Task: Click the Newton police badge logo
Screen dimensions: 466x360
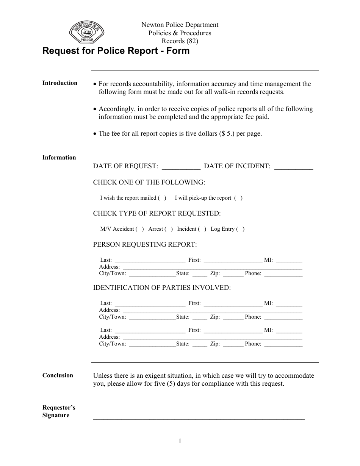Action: pos(86,33)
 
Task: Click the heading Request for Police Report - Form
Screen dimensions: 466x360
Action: pos(116,51)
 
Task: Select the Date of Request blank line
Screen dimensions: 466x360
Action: pos(181,167)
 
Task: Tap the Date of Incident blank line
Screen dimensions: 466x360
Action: pos(293,167)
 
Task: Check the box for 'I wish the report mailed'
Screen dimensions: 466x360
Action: pos(162,198)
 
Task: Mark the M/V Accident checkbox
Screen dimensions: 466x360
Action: pos(140,229)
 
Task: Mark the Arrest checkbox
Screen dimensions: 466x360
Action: pos(169,229)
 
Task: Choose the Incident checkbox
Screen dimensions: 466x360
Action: pos(202,229)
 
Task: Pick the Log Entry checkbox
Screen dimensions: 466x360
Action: pos(240,229)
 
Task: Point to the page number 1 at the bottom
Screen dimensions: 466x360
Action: pos(180,441)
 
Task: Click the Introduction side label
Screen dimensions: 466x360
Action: pos(60,83)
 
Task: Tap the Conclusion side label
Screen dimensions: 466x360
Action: pos(58,375)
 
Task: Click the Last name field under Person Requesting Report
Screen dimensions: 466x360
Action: pos(150,261)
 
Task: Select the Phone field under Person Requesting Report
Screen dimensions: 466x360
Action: pos(283,274)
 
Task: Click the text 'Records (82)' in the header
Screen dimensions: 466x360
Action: pos(180,41)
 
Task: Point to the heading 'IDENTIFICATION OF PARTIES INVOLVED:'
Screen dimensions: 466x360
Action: pos(162,288)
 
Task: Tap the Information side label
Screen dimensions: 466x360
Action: pos(59,158)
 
